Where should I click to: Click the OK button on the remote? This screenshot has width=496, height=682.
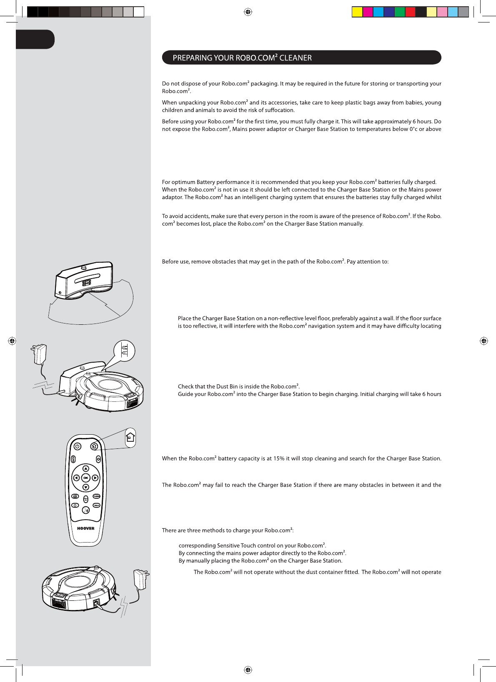click(x=85, y=478)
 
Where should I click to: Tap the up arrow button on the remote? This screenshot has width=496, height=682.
click(x=85, y=469)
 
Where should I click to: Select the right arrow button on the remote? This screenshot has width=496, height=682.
click(x=95, y=478)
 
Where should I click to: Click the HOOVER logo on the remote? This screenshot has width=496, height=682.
click(x=86, y=528)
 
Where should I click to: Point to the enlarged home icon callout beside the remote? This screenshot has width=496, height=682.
click(x=130, y=438)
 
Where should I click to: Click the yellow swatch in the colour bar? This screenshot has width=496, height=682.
click(x=357, y=12)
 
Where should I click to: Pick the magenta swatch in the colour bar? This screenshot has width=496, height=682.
click(x=368, y=12)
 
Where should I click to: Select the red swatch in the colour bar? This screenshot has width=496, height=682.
click(x=410, y=12)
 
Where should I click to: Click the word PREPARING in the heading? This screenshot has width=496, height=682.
click(x=192, y=58)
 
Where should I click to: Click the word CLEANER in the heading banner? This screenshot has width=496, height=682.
click(x=296, y=58)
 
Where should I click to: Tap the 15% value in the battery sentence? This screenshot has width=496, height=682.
click(x=279, y=458)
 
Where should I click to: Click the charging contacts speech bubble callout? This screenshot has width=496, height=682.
click(x=124, y=351)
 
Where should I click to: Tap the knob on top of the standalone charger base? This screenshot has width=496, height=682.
click(x=83, y=266)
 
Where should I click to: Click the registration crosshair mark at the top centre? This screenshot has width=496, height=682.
click(x=248, y=12)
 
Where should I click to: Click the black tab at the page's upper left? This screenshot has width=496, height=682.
click(x=35, y=40)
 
